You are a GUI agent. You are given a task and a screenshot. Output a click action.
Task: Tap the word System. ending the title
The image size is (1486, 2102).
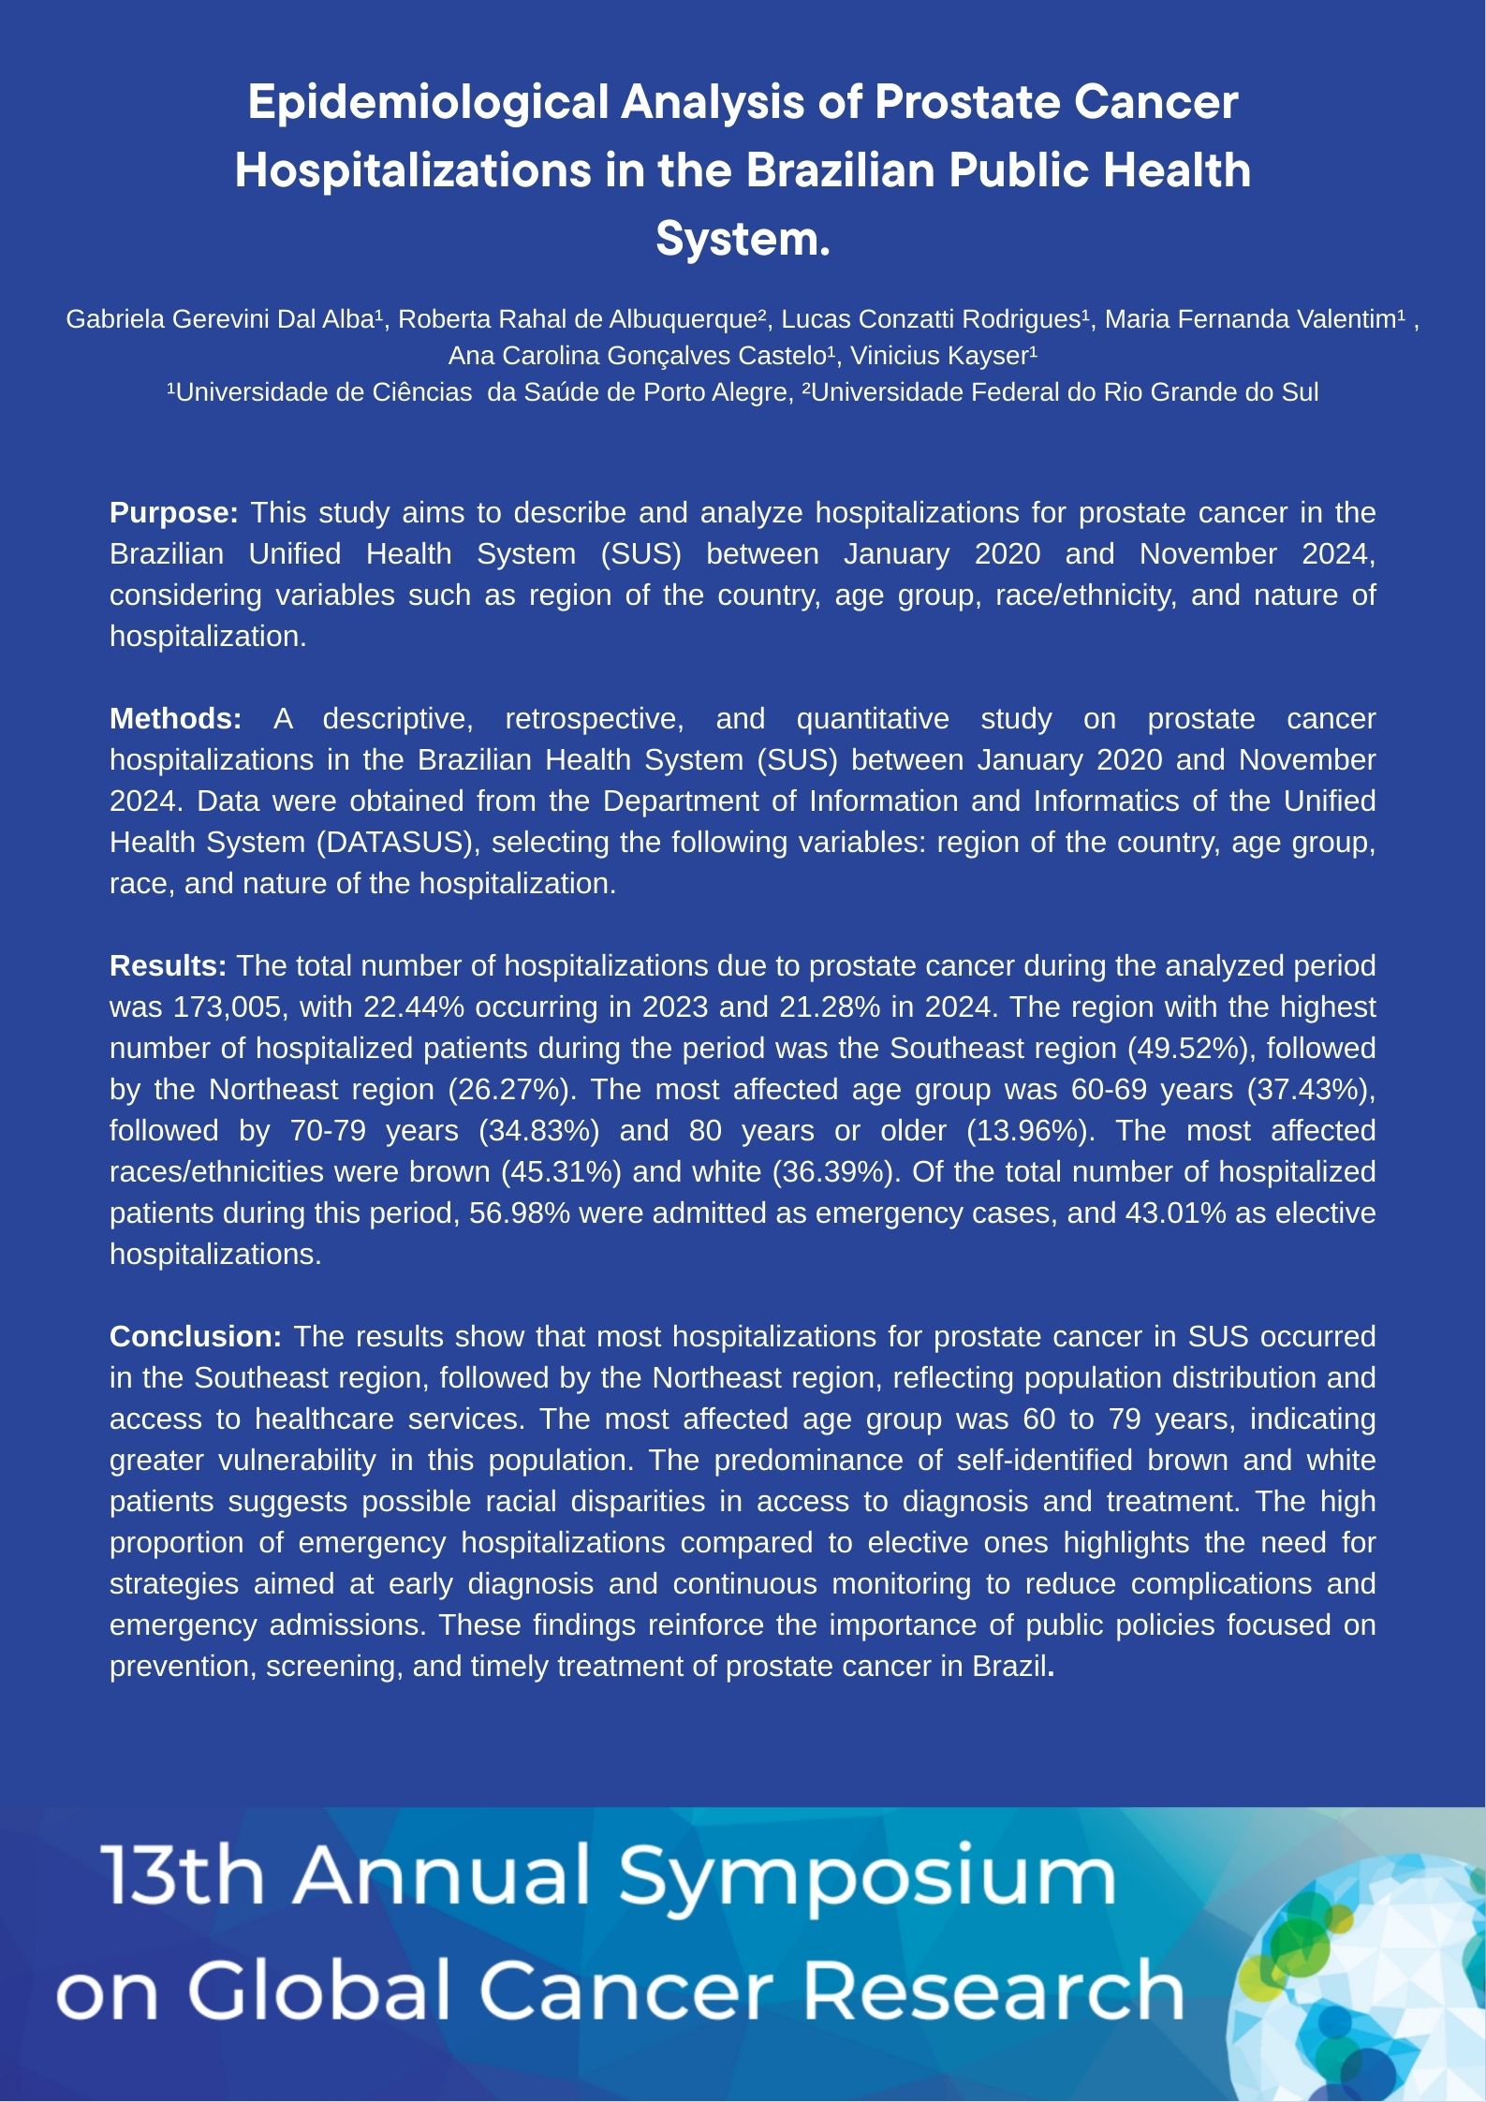tap(743, 239)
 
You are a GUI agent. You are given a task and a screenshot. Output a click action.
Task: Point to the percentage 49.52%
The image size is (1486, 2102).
tap(1180, 1048)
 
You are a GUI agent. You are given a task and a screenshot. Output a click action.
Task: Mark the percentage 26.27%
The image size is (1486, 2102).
tap(509, 1089)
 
